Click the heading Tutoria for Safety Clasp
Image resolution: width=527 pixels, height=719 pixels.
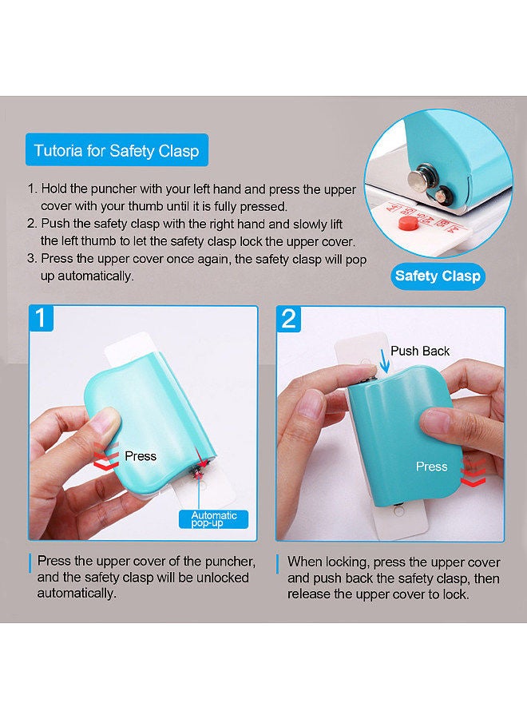(117, 150)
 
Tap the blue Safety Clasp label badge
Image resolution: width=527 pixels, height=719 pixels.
(438, 276)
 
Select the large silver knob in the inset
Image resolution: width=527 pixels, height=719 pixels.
(419, 177)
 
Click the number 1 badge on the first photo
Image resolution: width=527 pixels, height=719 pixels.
(42, 318)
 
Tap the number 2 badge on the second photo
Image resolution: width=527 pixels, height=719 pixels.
(289, 319)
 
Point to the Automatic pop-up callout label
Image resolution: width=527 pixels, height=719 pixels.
(213, 519)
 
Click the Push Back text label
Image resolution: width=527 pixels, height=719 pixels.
(420, 352)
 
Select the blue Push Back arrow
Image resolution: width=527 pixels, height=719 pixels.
(386, 359)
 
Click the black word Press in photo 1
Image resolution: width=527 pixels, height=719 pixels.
(141, 456)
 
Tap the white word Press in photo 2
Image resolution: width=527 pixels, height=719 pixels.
(432, 467)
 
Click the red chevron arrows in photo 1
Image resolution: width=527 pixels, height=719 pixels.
(106, 459)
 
